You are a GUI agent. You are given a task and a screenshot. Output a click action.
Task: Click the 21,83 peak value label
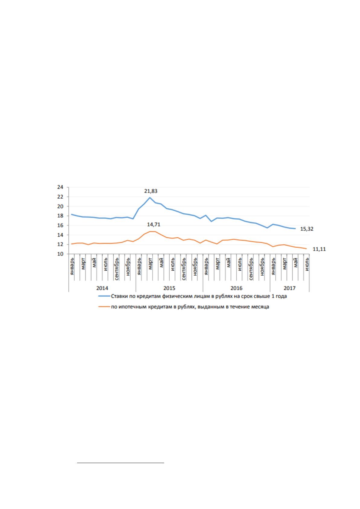151,191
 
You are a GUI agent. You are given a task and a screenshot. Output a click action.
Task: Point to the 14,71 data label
154,225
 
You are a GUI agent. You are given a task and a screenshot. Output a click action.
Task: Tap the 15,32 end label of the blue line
306,229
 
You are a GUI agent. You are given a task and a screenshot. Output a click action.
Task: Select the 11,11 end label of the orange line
319,249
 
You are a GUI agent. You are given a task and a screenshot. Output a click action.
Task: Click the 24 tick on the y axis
60,187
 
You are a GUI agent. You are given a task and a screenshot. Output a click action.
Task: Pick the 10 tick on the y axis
60,254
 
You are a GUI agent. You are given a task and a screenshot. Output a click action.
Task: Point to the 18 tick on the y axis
60,216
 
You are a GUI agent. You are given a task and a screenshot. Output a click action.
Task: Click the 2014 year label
102,288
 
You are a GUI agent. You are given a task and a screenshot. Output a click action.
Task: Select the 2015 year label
169,288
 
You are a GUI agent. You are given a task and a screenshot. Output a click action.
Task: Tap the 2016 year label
236,288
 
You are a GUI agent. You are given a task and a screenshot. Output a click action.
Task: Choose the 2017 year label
290,288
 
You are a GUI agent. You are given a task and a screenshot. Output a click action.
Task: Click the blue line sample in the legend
104,296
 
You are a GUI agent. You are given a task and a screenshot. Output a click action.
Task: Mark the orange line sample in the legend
104,307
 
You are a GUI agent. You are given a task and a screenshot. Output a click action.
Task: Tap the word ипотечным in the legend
133,307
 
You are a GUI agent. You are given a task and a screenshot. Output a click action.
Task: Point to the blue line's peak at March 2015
150,197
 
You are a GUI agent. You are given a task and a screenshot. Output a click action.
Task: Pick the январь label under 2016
206,266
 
